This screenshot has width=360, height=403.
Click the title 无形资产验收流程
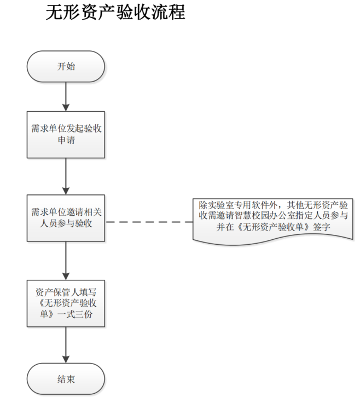point(116,13)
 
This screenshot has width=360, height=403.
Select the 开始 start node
point(66,67)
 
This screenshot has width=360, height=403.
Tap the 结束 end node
point(66,379)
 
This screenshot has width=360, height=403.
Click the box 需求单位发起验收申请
point(66,134)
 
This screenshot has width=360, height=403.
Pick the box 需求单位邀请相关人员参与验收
point(66,217)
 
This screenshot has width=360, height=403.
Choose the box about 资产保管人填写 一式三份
point(66,303)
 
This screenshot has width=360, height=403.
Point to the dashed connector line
point(148,222)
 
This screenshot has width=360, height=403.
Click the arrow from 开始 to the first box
point(66,96)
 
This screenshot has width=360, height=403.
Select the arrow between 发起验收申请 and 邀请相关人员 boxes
point(66,175)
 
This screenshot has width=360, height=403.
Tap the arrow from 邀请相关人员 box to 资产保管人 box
point(66,260)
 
